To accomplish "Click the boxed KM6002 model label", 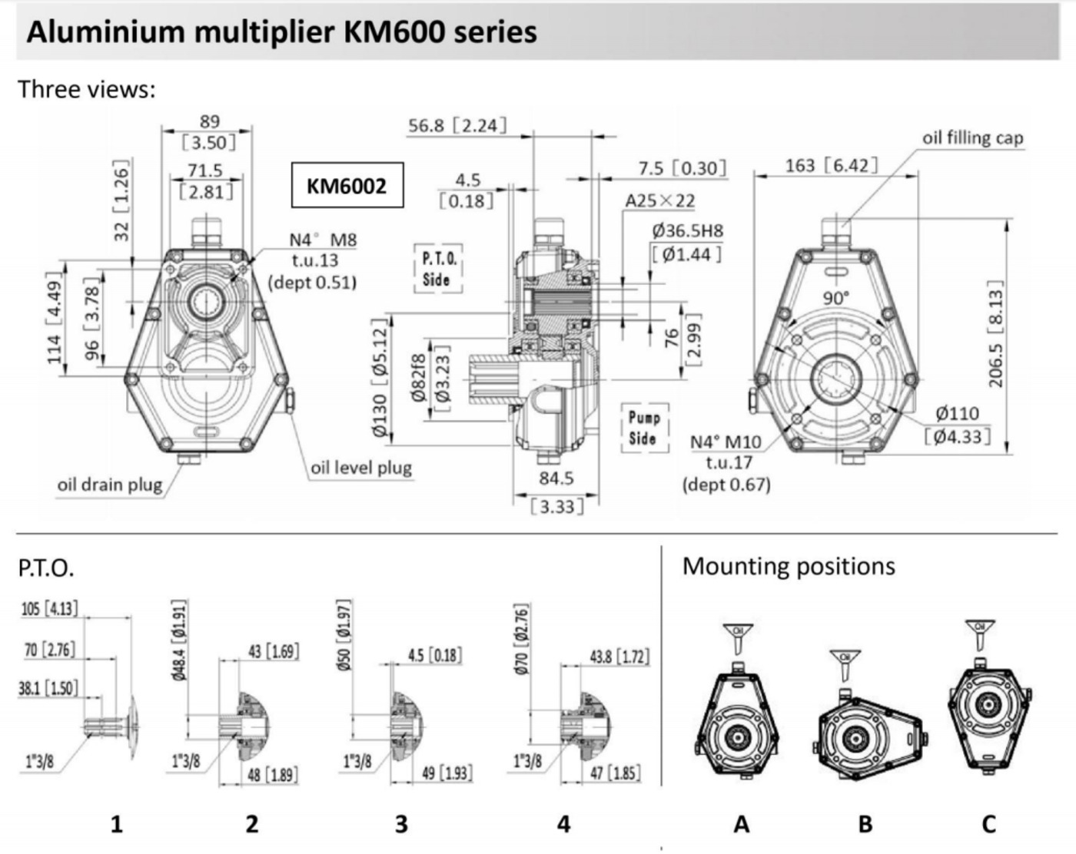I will pyautogui.click(x=347, y=185).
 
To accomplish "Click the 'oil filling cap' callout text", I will pyautogui.click(x=972, y=137).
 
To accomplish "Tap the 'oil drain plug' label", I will pyautogui.click(x=110, y=485).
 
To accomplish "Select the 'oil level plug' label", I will pyautogui.click(x=361, y=468).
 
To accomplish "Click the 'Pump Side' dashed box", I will pyautogui.click(x=643, y=428).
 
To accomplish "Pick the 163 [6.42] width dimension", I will pyautogui.click(x=830, y=165).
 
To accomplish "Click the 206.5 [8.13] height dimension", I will pyautogui.click(x=995, y=333).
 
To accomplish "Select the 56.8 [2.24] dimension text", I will pyautogui.click(x=457, y=125).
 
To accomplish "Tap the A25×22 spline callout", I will pyautogui.click(x=659, y=200).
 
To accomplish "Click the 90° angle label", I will pyautogui.click(x=835, y=298).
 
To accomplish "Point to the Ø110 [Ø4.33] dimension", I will pyautogui.click(x=957, y=425).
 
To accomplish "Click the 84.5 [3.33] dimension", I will pyautogui.click(x=556, y=492).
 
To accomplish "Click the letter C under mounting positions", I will pyautogui.click(x=988, y=824).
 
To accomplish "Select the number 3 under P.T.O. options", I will pyautogui.click(x=401, y=824).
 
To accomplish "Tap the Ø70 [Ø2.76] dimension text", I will pyautogui.click(x=521, y=640).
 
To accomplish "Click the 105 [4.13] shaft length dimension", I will pyautogui.click(x=49, y=609).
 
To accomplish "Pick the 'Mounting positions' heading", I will pyautogui.click(x=789, y=566).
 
